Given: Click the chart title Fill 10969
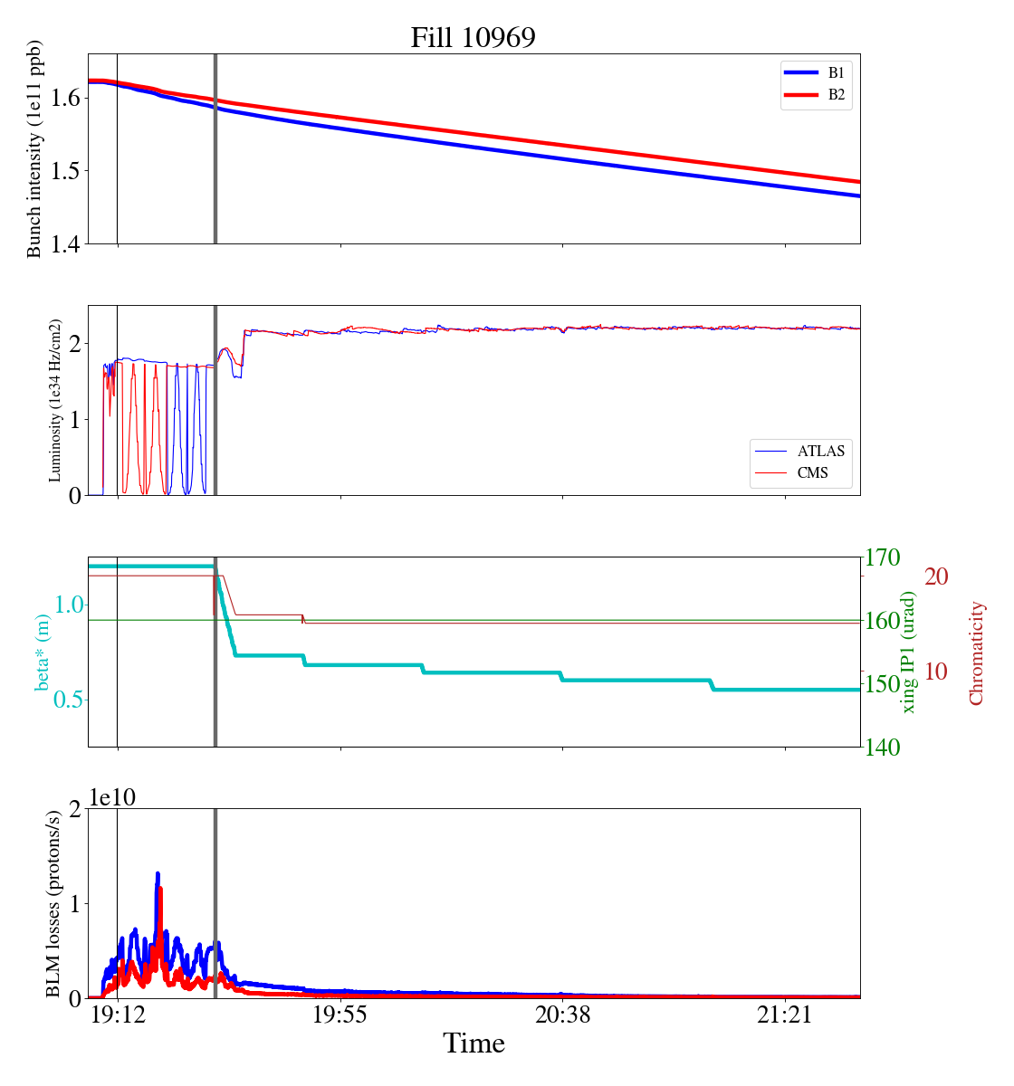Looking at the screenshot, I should click(x=473, y=38).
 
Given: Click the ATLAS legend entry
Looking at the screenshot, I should click(x=820, y=451).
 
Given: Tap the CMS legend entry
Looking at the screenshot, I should click(x=812, y=472).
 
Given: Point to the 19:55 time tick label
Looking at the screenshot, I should click(x=340, y=1015).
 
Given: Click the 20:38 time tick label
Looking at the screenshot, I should click(x=562, y=1015).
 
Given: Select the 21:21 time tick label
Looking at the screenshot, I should click(x=785, y=1015).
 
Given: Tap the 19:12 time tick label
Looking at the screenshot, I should click(x=118, y=1015).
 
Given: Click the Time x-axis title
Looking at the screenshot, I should click(x=474, y=1044).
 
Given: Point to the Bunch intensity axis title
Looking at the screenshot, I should click(x=35, y=149).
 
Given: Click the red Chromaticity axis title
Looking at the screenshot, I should click(x=976, y=653).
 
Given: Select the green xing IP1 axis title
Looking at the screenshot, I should click(x=909, y=653).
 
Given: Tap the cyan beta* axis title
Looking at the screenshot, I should click(x=43, y=653).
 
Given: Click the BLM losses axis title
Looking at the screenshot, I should click(x=54, y=904).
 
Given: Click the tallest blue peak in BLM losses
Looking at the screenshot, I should click(x=158, y=874).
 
